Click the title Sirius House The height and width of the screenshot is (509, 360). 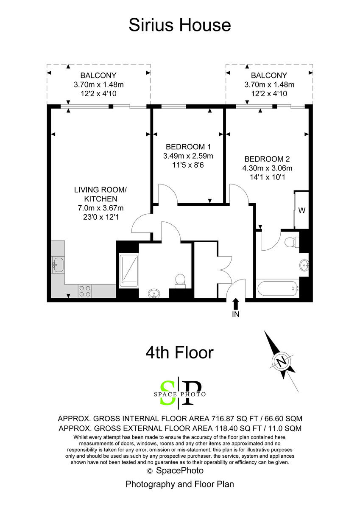click(x=180, y=25)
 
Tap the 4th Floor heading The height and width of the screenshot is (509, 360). click(x=179, y=352)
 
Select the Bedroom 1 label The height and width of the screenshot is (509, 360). click(x=188, y=147)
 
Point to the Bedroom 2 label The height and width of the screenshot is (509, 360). click(x=267, y=159)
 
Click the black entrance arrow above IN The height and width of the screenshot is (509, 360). click(x=236, y=303)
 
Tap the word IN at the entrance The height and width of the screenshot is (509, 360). click(x=236, y=314)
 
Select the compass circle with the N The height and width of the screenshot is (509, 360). click(x=281, y=361)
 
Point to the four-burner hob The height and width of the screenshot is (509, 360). click(x=84, y=291)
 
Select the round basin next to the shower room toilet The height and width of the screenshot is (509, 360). click(x=154, y=293)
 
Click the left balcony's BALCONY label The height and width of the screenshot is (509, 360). click(x=98, y=76)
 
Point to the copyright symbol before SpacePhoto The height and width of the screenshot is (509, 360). click(x=149, y=471)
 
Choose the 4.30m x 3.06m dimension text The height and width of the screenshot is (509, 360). click(x=267, y=168)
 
